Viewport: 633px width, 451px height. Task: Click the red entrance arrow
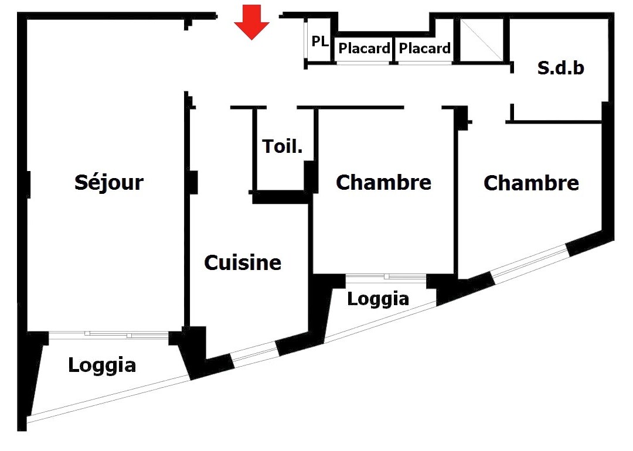point(251,23)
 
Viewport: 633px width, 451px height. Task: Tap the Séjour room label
point(109,182)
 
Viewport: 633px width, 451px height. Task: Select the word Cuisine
point(243,263)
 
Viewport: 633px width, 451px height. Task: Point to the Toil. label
point(283,146)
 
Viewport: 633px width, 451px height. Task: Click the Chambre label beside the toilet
point(383,183)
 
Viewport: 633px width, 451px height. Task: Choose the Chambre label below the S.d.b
point(531,183)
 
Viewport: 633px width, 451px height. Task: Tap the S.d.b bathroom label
point(560,68)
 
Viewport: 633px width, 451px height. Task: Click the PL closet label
point(320,42)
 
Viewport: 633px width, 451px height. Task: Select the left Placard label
point(365,48)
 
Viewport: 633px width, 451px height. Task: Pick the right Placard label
point(425,48)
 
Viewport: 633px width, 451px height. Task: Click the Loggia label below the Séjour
point(102,365)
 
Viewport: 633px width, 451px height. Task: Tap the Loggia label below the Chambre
point(378,299)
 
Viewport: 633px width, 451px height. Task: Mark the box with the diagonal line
point(481,39)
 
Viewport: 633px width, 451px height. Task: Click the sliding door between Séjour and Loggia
point(109,334)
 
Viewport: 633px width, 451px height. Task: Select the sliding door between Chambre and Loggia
point(386,276)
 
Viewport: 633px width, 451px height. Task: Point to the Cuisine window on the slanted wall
point(254,354)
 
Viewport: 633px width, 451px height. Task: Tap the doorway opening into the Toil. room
point(282,108)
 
